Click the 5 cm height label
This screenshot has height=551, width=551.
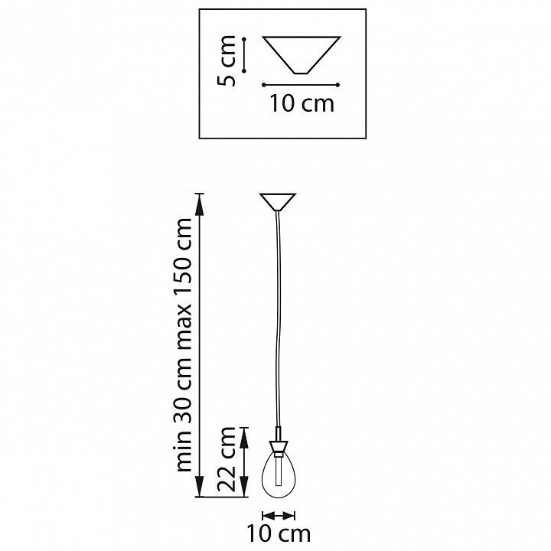(227, 60)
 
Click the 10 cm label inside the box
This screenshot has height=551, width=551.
(302, 103)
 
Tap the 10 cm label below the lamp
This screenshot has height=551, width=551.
(279, 534)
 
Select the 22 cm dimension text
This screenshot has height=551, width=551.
(227, 459)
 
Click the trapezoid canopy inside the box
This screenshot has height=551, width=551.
(302, 55)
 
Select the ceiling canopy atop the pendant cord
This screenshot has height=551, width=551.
(278, 202)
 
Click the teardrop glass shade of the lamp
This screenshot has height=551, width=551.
(279, 474)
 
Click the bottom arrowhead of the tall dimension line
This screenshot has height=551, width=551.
(200, 486)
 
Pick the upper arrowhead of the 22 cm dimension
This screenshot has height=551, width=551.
(244, 438)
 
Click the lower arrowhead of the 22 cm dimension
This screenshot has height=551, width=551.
(244, 487)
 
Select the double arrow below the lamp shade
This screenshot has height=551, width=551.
(279, 516)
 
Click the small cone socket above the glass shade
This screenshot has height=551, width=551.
(279, 447)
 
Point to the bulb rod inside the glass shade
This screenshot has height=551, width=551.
(279, 471)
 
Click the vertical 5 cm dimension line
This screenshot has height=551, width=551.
(244, 55)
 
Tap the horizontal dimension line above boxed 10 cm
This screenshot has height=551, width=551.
(301, 85)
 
